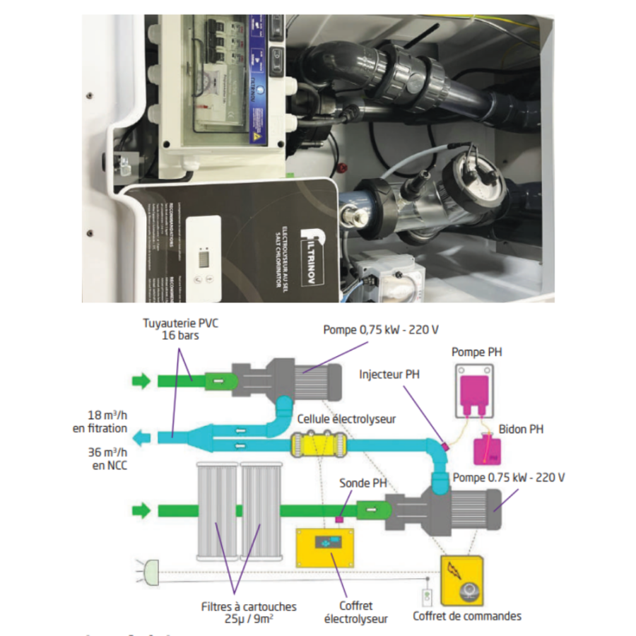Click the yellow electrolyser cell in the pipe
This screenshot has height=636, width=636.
pyautogui.click(x=318, y=444)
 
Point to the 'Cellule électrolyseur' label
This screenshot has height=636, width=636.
pyautogui.click(x=346, y=419)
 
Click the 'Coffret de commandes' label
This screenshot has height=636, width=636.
pyautogui.click(x=467, y=616)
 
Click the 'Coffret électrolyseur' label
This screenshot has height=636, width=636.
pyautogui.click(x=356, y=612)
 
